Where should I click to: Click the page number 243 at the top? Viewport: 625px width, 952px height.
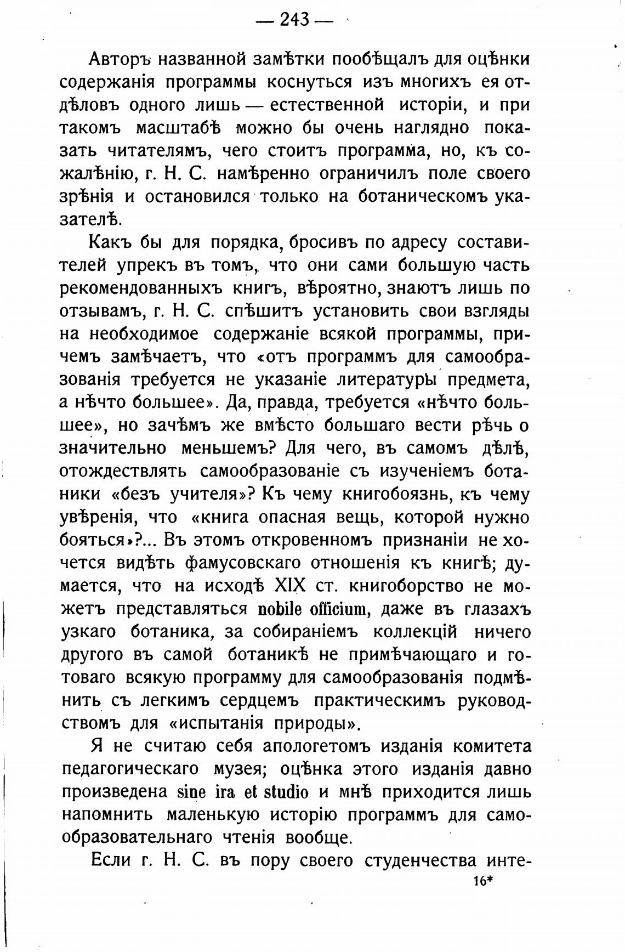click(294, 20)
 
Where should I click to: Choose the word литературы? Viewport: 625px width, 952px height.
click(386, 379)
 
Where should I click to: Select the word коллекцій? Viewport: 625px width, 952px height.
click(414, 632)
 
